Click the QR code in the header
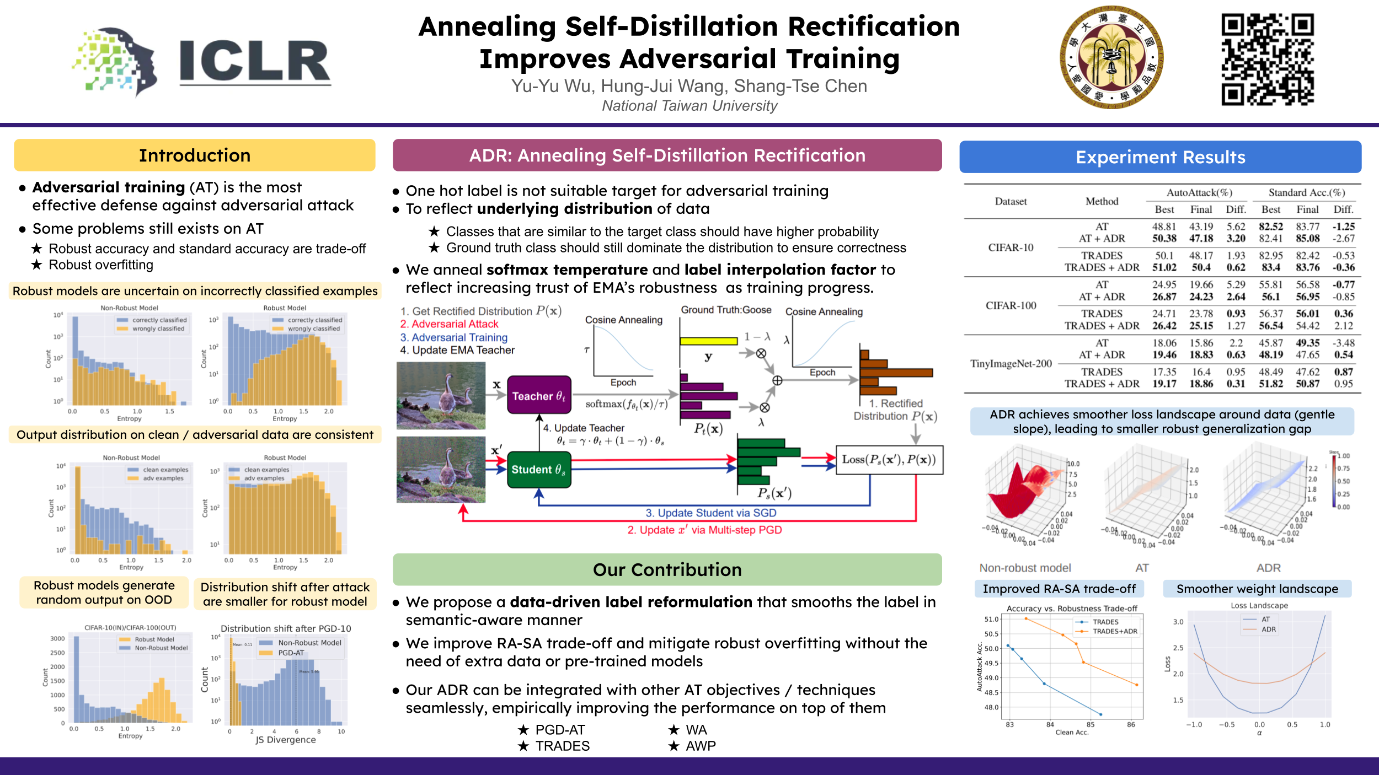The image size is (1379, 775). click(1268, 59)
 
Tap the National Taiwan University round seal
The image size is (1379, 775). click(1111, 57)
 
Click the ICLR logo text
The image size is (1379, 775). click(254, 61)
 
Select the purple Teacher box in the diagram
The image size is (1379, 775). click(539, 395)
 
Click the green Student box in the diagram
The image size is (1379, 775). click(539, 470)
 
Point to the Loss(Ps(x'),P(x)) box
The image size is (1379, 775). click(889, 460)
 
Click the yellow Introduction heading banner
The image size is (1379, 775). click(195, 155)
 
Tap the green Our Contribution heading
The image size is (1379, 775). click(667, 569)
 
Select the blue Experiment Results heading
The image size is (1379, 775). click(1160, 157)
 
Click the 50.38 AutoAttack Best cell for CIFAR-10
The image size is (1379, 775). click(1164, 239)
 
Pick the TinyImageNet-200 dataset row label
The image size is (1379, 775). click(1011, 364)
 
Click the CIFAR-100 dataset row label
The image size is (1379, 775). click(1011, 305)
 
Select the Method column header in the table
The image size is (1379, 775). click(1102, 201)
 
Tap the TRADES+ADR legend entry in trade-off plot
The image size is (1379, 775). click(1115, 631)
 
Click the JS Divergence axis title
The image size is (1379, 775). click(286, 740)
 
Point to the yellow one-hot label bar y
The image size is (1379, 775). click(708, 341)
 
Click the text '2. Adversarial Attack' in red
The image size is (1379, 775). click(449, 324)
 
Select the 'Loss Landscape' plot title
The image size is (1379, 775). click(1259, 605)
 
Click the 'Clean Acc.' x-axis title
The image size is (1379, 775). click(1072, 733)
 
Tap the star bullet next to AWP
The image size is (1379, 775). click(674, 746)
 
